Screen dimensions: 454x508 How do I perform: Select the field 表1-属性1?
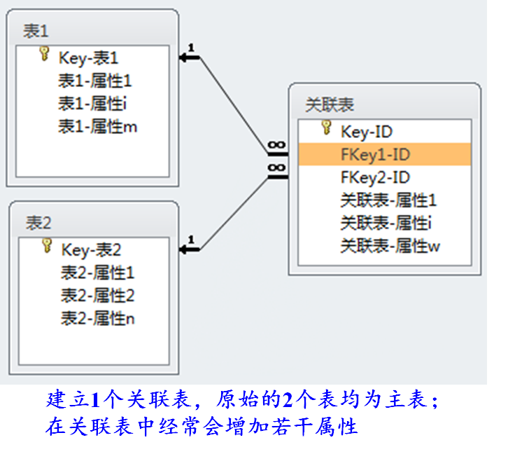[94, 81]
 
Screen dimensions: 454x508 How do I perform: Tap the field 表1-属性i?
[92, 104]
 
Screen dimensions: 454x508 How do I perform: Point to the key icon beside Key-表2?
[47, 246]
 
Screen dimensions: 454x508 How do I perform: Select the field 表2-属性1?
[97, 272]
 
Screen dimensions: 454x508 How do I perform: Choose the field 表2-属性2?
[97, 295]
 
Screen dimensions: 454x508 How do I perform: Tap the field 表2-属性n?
[97, 318]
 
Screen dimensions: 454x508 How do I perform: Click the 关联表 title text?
[330, 105]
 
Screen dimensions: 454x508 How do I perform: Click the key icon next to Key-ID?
[325, 128]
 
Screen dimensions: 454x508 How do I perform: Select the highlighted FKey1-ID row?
[384, 154]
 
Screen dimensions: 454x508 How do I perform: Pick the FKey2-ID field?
[375, 177]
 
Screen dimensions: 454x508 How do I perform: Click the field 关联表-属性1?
[388, 200]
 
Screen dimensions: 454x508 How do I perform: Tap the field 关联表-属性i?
[384, 223]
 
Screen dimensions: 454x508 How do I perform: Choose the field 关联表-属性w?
[390, 246]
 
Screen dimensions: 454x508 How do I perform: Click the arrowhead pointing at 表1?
[185, 57]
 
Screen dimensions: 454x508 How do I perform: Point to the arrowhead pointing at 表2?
[185, 248]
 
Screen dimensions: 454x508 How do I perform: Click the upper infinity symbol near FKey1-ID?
[276, 146]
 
